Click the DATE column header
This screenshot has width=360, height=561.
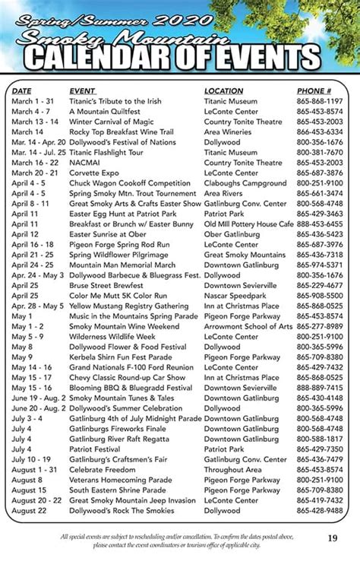point(22,91)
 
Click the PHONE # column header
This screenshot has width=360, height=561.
point(314,91)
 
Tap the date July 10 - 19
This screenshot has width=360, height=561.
point(31,459)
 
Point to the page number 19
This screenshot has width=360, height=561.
point(333,539)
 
